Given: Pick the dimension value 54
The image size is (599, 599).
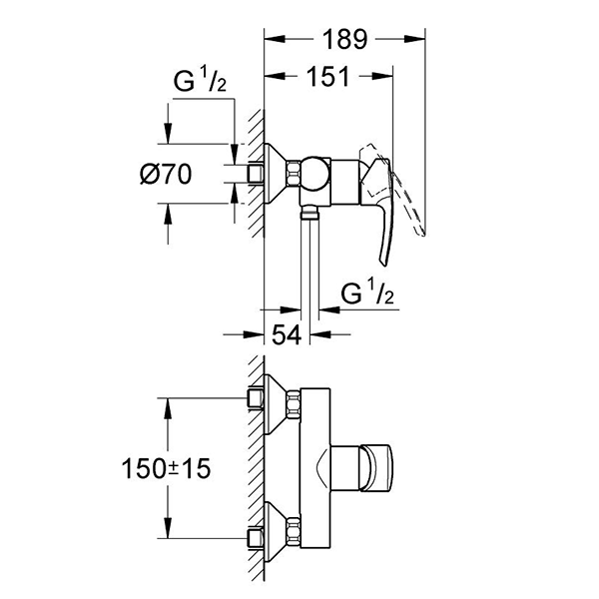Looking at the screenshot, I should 286,336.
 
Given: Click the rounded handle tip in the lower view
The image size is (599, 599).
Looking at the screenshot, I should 382,465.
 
